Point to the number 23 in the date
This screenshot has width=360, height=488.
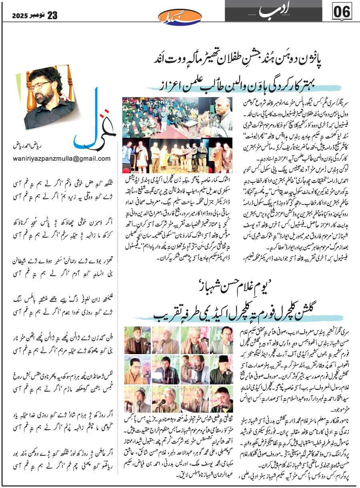tap(52, 16)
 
